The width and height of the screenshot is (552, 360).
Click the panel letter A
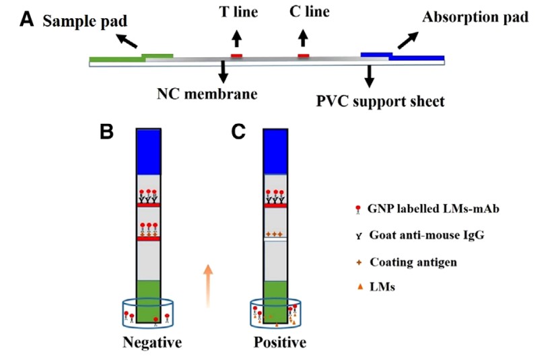[26, 17]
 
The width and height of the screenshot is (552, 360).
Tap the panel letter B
[106, 132]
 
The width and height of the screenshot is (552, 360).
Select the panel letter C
[238, 132]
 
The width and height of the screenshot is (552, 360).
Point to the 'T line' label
[238, 13]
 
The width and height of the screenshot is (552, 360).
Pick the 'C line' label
[304, 13]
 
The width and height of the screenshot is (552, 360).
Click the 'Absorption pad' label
[475, 17]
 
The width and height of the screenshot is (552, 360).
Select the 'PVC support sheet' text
[380, 102]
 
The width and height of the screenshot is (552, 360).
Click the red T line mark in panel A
[237, 55]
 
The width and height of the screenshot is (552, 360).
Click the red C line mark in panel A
[304, 55]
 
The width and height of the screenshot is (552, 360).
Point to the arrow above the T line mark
[237, 38]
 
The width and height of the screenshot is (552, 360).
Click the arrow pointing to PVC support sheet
[369, 76]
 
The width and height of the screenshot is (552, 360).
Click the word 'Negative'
[152, 343]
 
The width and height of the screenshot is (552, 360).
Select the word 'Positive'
[279, 343]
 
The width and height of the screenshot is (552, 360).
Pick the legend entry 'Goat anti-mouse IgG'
[434, 236]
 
